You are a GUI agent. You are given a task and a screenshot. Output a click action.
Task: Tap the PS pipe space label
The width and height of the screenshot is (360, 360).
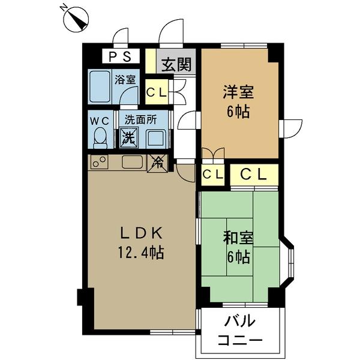pos(120,56)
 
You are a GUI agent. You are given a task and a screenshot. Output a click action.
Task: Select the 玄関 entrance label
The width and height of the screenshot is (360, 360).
pos(176,64)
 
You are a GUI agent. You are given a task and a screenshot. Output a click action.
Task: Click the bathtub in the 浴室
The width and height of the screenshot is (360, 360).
pos(100,87)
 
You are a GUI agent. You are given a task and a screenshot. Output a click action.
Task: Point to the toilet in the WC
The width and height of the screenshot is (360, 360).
pos(100,138)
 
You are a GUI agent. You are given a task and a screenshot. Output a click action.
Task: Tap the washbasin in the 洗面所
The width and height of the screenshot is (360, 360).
pos(156,138)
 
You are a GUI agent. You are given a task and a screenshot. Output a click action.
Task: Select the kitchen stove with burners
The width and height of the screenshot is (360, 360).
pos(99,162)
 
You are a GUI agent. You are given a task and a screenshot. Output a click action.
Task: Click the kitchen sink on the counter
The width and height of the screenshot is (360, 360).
pos(133,162)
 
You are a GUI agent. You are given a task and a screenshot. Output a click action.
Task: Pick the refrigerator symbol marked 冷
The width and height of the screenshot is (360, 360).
pos(158,163)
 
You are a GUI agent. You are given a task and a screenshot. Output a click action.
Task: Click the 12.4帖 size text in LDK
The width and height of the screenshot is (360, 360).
pos(141,253)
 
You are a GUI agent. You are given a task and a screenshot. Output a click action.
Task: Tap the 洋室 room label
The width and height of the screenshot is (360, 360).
pos(238,92)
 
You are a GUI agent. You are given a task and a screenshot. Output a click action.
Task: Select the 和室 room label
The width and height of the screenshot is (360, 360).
pos(238,238)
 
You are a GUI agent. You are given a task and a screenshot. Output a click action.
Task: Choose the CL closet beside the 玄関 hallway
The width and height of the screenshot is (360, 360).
pos(157,92)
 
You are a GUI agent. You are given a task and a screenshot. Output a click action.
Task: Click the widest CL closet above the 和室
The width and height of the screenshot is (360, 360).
pos(254,175)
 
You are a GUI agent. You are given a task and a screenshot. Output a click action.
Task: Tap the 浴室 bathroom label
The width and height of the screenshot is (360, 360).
pos(125,80)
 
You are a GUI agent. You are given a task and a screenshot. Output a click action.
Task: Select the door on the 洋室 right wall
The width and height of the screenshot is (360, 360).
pos(291,128)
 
